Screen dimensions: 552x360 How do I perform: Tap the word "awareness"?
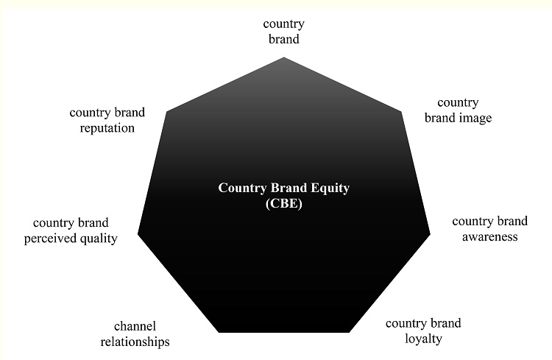click(490, 236)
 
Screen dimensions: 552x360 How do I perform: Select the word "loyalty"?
click(423, 339)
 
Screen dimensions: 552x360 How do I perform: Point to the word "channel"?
click(135, 326)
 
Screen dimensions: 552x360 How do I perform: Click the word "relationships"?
click(135, 342)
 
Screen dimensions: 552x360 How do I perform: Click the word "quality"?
click(99, 239)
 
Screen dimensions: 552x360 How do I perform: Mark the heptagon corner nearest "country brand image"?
click(402, 112)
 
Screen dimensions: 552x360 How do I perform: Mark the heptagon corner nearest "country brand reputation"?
click(167, 112)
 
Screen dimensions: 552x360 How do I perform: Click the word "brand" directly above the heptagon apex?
click(283, 40)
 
